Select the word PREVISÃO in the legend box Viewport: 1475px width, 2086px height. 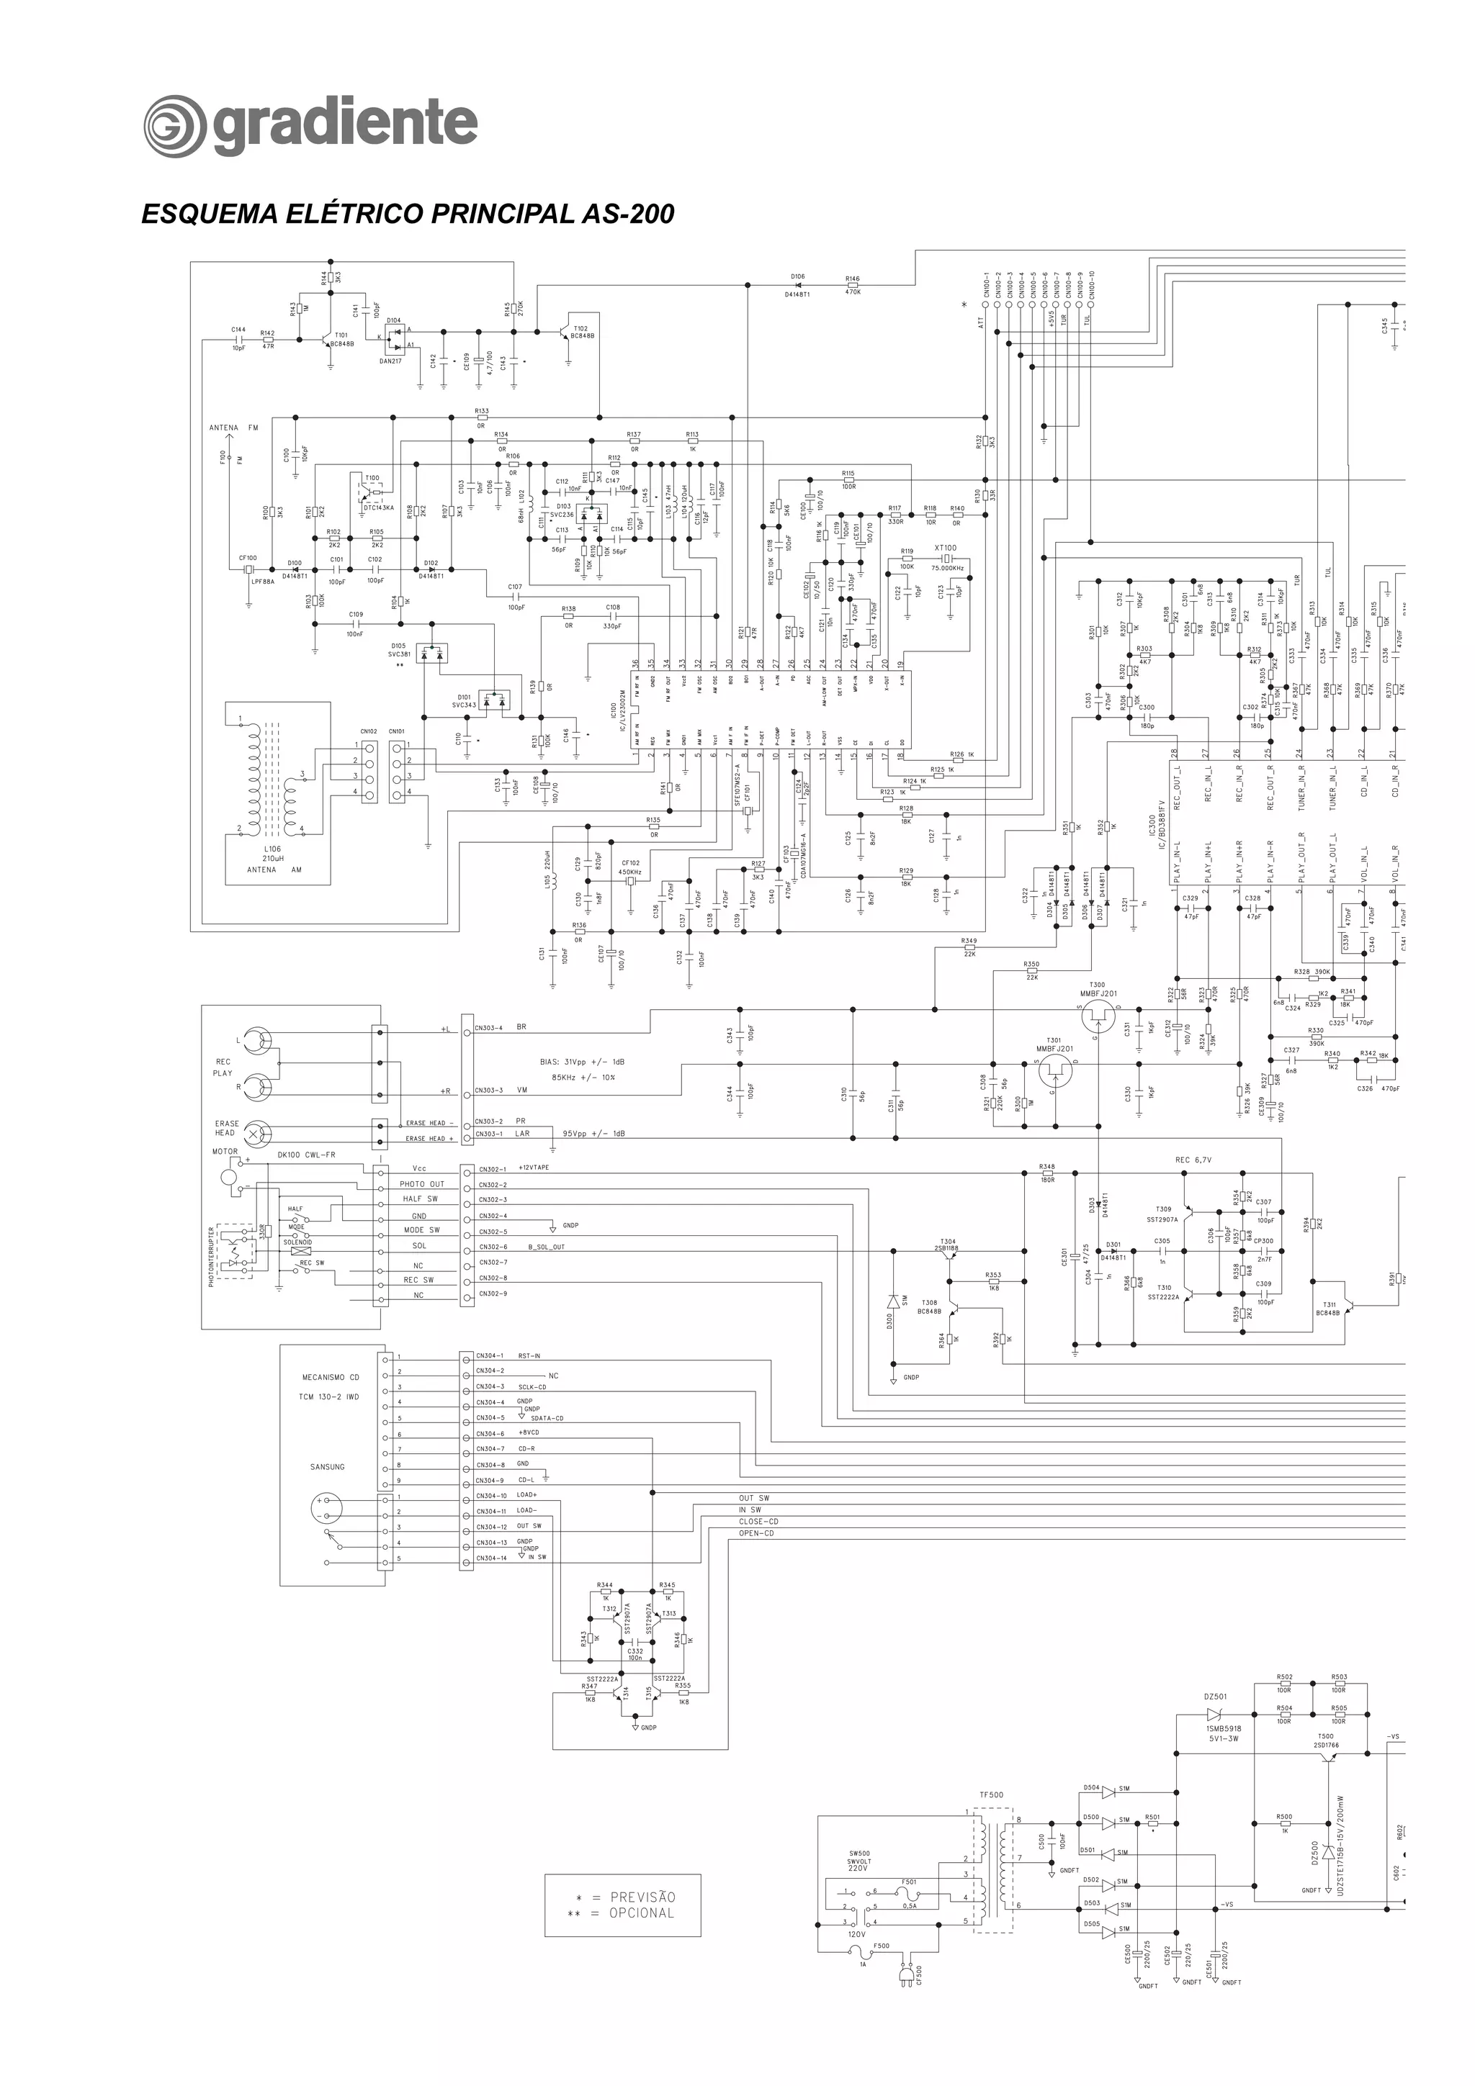point(642,1897)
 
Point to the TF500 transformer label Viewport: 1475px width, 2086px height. point(992,1795)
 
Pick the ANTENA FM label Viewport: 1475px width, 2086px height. point(233,428)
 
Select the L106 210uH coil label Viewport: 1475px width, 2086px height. point(272,854)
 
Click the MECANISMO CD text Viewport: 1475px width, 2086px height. point(330,1377)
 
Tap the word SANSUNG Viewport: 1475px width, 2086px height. point(327,1466)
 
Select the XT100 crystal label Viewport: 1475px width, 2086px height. point(945,548)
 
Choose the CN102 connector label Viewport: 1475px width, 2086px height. point(368,731)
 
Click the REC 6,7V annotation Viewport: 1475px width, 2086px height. point(1193,1160)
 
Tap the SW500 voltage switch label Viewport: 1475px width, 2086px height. point(858,1854)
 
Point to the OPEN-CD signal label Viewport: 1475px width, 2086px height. point(756,1534)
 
